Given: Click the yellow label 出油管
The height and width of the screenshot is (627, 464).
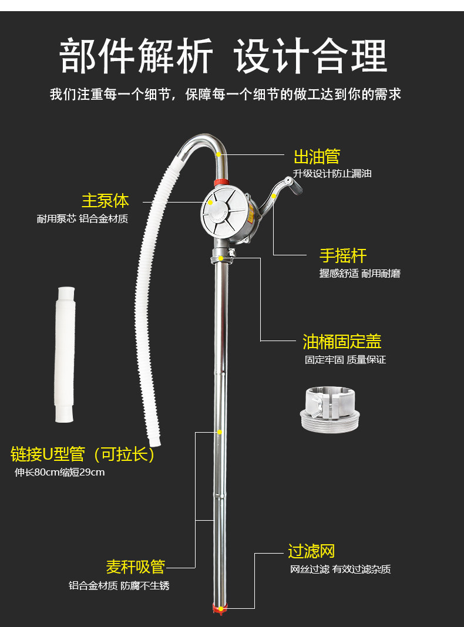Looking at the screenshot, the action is tap(317, 157).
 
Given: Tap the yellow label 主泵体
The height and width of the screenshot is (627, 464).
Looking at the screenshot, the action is tap(105, 201).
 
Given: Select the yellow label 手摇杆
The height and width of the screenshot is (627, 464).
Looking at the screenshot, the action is tap(343, 256).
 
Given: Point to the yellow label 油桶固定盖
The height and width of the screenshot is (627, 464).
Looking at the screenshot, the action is tap(342, 342).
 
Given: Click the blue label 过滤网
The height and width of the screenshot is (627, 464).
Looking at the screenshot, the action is tap(311, 551).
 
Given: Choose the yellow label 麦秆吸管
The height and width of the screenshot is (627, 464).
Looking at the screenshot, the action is tap(135, 567).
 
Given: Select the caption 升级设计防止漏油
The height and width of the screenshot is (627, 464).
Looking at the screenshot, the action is tap(332, 174).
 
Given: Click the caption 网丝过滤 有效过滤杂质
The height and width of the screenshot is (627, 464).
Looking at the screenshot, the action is tap(340, 569).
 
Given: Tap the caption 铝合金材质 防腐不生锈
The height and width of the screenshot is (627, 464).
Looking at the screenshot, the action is tap(119, 586).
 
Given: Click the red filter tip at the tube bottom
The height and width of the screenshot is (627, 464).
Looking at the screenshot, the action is tap(220, 608).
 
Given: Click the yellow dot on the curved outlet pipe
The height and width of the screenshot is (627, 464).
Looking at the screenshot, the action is tap(218, 154).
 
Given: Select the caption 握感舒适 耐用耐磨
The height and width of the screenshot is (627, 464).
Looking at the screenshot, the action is tap(360, 274).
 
